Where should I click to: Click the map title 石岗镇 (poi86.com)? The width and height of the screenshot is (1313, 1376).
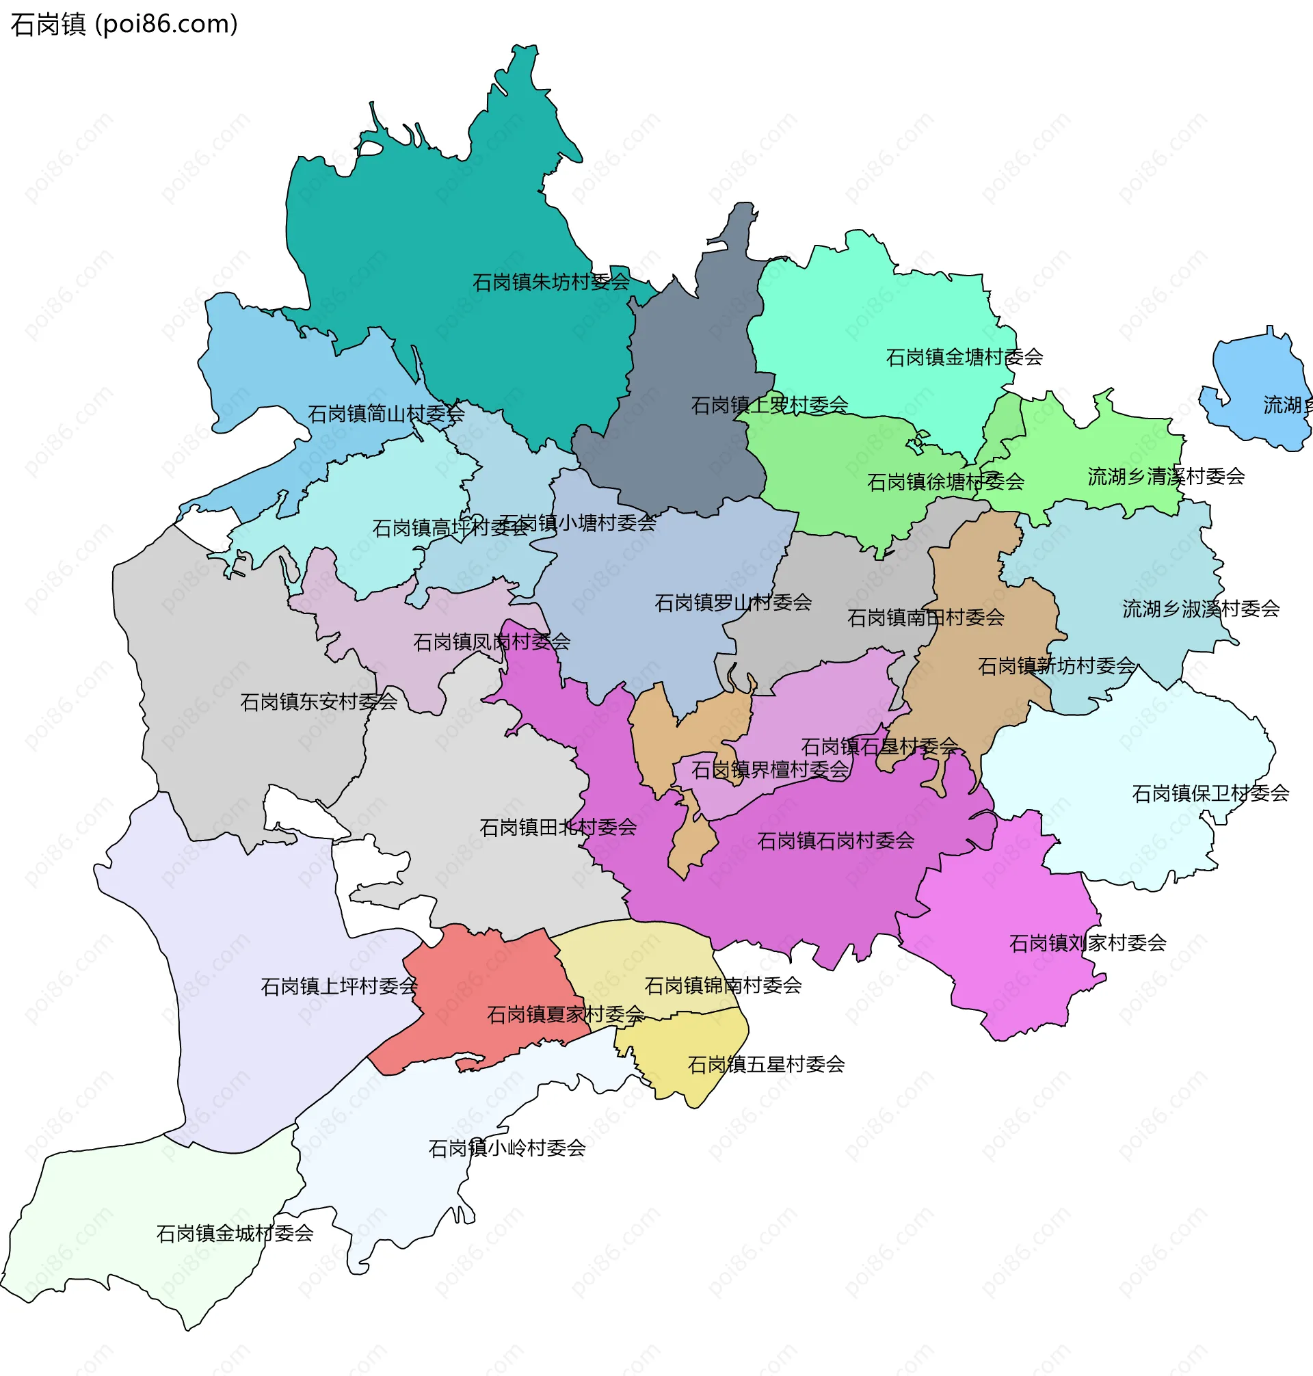coord(124,25)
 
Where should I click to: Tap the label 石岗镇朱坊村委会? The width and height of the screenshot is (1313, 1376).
coord(551,282)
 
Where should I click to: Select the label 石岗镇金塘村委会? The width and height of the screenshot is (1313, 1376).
coord(964,358)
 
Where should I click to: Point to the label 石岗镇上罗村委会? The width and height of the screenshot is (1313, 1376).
coord(769,406)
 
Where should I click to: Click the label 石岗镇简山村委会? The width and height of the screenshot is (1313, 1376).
coord(386,414)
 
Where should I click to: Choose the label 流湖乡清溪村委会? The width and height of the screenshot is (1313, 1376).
coord(1165,477)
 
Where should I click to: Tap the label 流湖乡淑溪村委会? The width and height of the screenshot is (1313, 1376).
coord(1200,609)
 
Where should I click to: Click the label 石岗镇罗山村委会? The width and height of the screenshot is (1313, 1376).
coord(733,603)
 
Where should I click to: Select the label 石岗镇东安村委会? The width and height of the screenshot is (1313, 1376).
coord(319,702)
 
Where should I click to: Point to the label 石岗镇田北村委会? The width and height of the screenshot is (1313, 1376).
coord(558,828)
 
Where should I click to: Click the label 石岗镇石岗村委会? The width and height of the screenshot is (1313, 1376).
coord(836,841)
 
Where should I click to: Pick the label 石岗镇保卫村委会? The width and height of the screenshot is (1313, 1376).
coord(1210,793)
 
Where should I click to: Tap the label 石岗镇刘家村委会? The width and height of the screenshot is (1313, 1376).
coord(1087,944)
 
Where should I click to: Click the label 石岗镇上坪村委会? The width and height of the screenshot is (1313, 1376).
coord(339,987)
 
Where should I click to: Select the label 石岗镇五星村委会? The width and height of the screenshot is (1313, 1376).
coord(766,1065)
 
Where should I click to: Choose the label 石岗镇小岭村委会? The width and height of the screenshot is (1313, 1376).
coord(507,1148)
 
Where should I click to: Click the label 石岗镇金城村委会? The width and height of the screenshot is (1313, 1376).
coord(235,1233)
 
